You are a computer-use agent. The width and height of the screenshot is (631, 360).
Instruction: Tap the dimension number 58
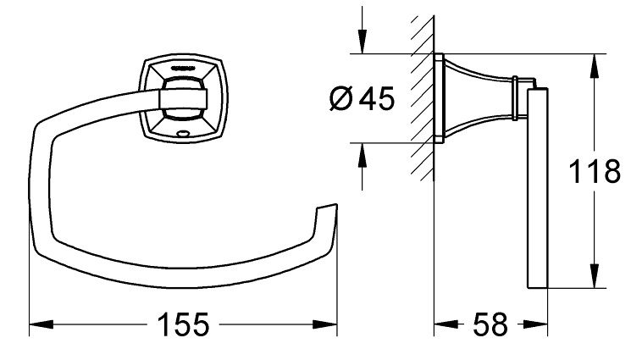491,324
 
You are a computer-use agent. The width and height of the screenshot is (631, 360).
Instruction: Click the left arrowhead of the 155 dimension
38,324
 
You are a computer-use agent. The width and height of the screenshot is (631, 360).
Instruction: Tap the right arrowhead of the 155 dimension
329,324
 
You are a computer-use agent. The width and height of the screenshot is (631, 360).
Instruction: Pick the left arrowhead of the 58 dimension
441,324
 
